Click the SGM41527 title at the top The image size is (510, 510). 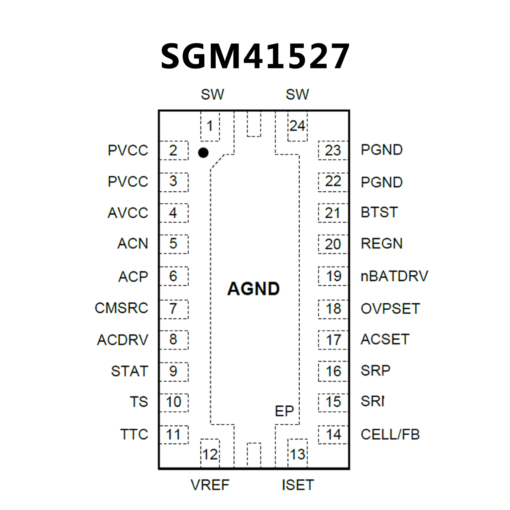tap(255, 56)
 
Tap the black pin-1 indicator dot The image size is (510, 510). tap(203, 153)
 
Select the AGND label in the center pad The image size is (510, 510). tap(253, 288)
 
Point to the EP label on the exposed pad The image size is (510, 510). tap(284, 411)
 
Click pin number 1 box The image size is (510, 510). tap(210, 126)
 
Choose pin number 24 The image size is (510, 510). tap(297, 126)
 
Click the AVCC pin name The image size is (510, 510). tap(128, 213)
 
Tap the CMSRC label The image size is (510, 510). tap(121, 308)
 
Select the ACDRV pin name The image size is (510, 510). tap(122, 340)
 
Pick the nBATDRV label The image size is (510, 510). tap(394, 276)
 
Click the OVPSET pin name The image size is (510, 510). tap(390, 309)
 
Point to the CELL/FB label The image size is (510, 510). tap(390, 434)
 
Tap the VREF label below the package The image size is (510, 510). tap(210, 485)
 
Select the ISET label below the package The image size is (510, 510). tap(298, 485)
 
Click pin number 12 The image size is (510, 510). tap(210, 454)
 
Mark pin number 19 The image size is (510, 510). tap(333, 276)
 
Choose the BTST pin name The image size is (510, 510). tap(379, 212)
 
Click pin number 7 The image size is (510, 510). tap(173, 309)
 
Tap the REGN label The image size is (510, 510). tap(381, 244)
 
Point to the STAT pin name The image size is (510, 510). tap(129, 371)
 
